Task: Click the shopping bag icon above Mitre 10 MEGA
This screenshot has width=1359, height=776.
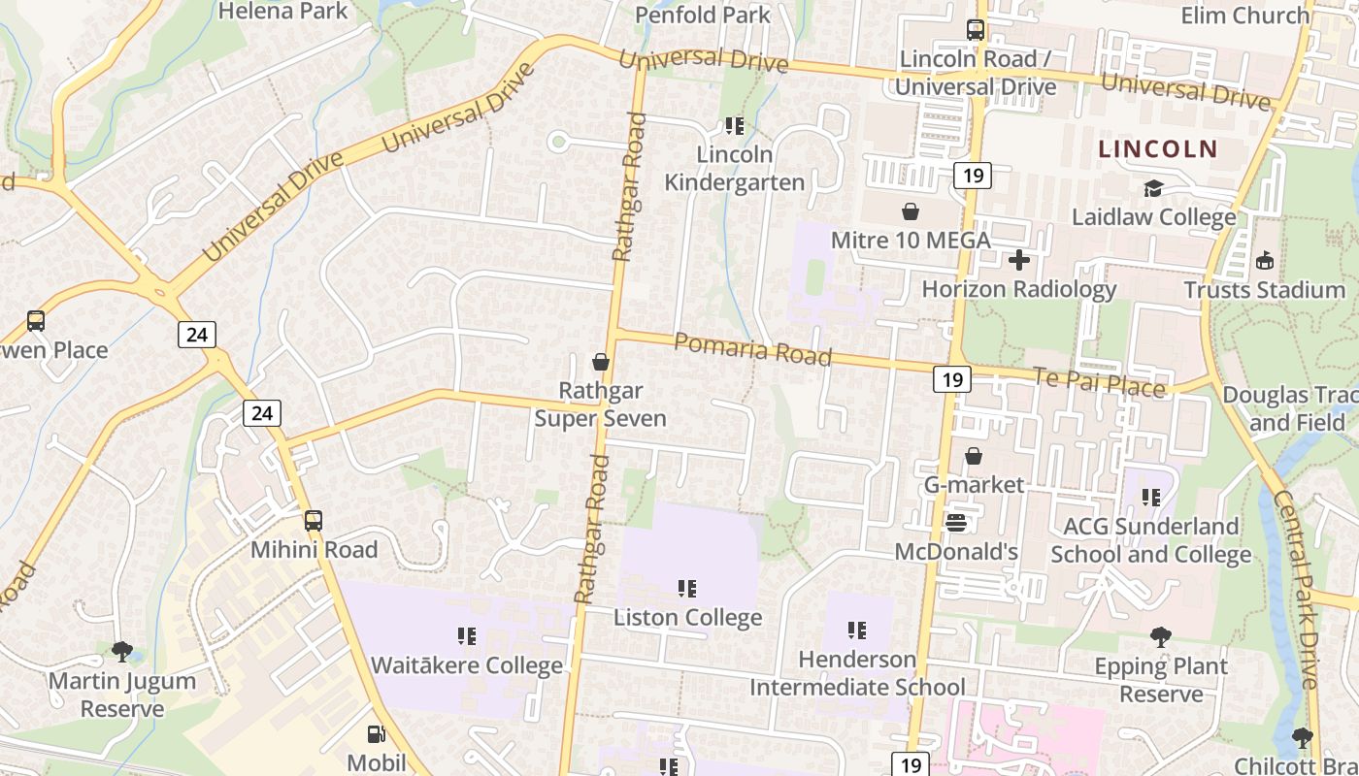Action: click(x=911, y=211)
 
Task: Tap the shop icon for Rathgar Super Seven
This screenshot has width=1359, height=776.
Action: click(x=601, y=363)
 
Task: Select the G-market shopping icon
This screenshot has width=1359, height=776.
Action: click(x=974, y=456)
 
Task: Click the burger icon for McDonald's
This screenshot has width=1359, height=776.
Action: click(x=956, y=523)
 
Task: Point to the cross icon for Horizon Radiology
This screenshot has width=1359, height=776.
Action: click(x=1019, y=260)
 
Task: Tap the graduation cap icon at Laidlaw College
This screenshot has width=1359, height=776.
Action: click(x=1153, y=188)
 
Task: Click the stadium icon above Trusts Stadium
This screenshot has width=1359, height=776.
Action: click(x=1264, y=260)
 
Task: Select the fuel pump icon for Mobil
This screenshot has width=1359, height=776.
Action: click(x=376, y=734)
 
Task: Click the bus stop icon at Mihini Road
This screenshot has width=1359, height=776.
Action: click(x=313, y=521)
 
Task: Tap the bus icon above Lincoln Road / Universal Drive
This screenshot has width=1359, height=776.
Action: click(x=975, y=30)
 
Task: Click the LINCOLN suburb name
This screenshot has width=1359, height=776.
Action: click(x=1157, y=149)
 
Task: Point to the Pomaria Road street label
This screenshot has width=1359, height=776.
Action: click(x=752, y=349)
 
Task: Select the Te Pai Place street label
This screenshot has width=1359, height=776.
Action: click(x=1099, y=382)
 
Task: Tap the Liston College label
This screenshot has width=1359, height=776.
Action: click(x=687, y=618)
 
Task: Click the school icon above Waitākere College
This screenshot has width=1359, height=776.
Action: click(x=466, y=636)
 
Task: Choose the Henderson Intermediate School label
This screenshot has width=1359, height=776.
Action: click(x=857, y=673)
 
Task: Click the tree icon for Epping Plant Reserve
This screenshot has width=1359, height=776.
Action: click(x=1160, y=637)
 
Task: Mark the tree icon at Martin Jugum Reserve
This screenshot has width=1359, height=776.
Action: click(x=122, y=651)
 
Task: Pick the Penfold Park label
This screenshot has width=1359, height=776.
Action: click(x=703, y=15)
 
